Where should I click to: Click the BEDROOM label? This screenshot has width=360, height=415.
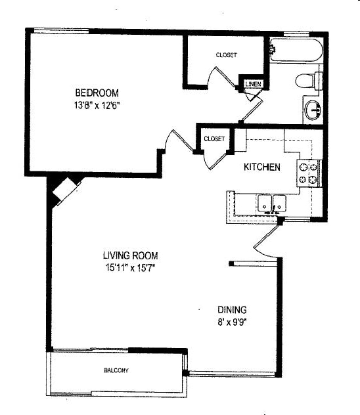click(x=96, y=93)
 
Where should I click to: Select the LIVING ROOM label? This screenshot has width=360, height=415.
click(x=130, y=255)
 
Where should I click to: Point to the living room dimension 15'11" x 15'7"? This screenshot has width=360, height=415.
click(x=130, y=267)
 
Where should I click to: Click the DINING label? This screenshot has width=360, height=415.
click(x=233, y=310)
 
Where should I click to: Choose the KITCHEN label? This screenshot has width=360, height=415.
click(x=262, y=167)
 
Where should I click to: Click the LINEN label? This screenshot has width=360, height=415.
click(x=253, y=85)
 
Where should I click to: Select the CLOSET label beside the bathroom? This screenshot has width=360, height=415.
click(x=227, y=55)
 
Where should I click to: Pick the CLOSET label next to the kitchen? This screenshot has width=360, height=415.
click(x=214, y=139)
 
